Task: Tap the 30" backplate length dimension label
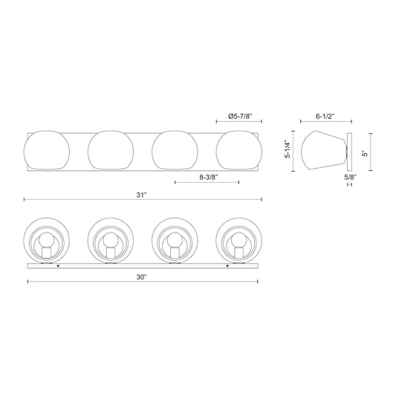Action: (141, 276)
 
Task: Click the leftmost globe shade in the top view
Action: (47, 150)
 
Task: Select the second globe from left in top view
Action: (111, 150)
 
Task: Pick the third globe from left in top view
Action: (174, 150)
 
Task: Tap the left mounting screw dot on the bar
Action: (58, 264)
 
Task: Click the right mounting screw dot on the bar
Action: (227, 264)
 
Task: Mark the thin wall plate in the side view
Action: (350, 151)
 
